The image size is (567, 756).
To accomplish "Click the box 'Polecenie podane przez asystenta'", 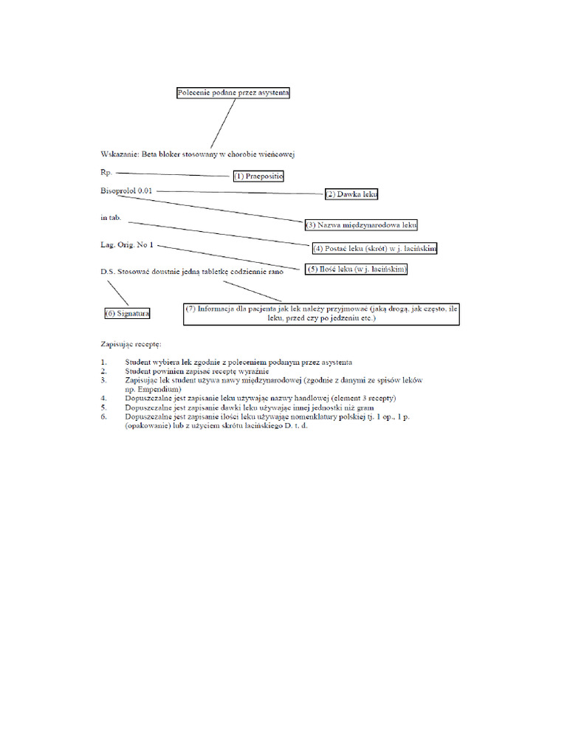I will tap(233, 93).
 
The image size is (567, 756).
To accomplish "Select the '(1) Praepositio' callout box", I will tap(258, 176).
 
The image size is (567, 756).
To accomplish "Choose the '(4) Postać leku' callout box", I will tap(374, 248).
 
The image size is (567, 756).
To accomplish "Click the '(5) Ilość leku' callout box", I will tap(357, 270).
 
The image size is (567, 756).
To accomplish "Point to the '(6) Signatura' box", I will tap(128, 313).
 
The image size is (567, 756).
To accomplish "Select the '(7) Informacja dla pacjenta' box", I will tap(321, 314).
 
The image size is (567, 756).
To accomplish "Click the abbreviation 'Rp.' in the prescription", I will tap(106, 172).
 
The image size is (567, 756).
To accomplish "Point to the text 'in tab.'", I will tap(111, 219).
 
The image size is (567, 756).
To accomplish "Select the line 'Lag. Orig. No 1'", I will tap(127, 245).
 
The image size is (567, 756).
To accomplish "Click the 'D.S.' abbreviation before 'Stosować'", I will tap(108, 271).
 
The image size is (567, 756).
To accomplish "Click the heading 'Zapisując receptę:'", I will tap(131, 344).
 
